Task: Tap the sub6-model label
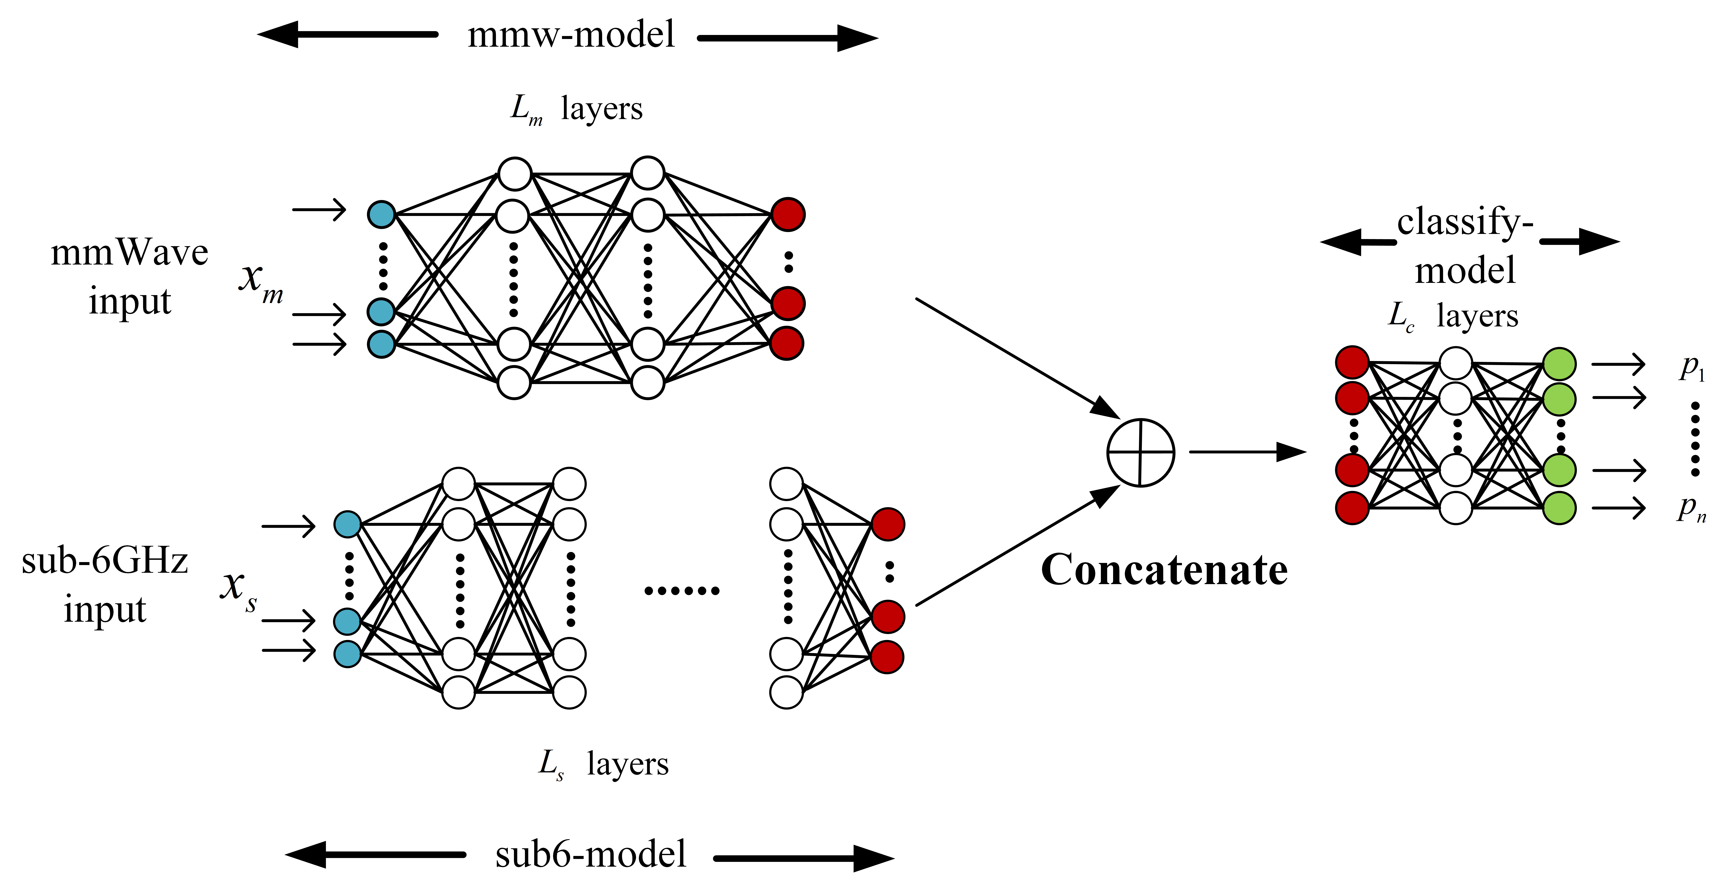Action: (590, 854)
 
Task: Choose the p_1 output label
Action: (1692, 368)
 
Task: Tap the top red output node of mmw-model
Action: (787, 215)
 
